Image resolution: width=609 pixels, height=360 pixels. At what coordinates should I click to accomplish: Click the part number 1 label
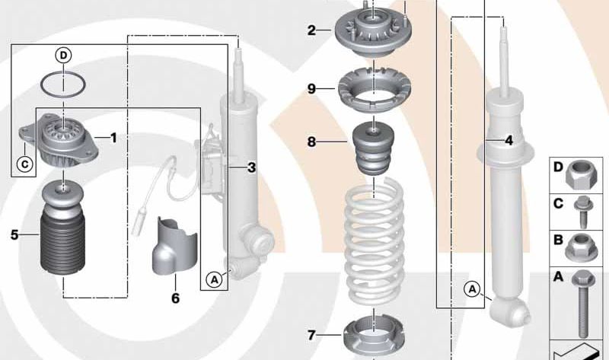(113, 138)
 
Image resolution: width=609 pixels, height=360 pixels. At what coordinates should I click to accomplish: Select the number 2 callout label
(311, 30)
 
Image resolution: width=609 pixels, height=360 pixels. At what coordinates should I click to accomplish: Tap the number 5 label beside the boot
(14, 235)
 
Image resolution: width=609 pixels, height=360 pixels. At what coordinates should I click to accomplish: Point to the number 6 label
(175, 298)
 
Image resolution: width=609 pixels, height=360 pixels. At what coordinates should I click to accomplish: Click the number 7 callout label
(311, 334)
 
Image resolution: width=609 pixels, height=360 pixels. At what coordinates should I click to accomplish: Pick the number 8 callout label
(311, 142)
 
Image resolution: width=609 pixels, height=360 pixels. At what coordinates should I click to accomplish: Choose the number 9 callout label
(311, 89)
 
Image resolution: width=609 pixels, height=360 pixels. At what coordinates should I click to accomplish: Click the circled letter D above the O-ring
(62, 54)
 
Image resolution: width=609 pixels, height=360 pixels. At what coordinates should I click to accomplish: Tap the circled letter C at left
(24, 163)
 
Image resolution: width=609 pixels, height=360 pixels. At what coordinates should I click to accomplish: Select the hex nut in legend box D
(579, 177)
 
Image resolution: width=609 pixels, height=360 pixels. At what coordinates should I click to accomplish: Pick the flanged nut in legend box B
(580, 247)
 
